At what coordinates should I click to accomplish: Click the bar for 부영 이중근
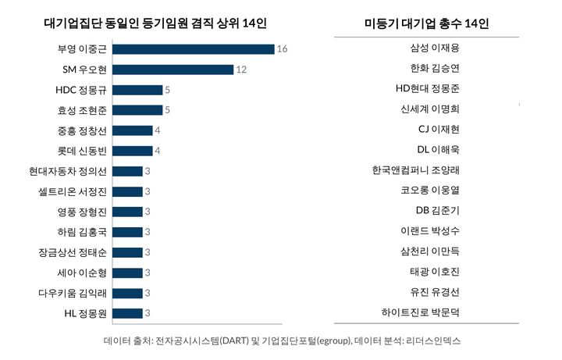193,49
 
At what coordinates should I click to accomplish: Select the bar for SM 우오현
173,70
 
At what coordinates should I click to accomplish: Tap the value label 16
283,49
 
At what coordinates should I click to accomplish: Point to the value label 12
241,70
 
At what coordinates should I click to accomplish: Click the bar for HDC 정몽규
137,90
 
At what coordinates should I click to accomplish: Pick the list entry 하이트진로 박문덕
418,312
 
